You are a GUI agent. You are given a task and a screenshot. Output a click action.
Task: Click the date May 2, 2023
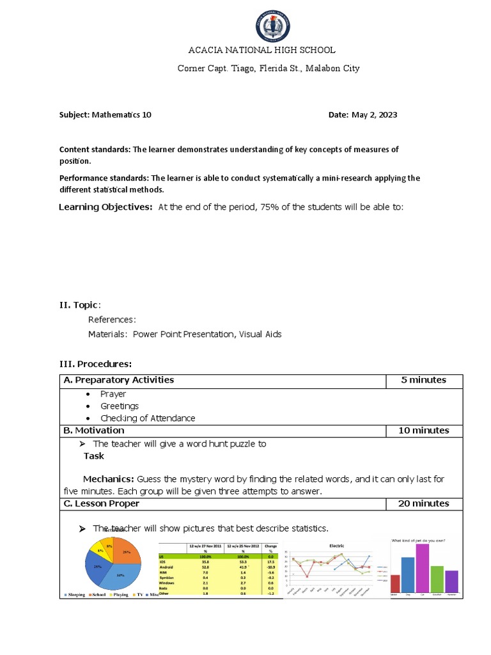pos(374,115)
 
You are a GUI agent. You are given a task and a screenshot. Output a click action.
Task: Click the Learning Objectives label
pos(105,207)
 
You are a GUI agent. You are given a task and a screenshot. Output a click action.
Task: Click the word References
pos(111,320)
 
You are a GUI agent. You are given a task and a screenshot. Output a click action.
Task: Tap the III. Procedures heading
pos(95,364)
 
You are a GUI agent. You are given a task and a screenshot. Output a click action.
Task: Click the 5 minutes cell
pos(423,380)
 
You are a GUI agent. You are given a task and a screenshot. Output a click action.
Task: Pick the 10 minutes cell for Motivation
pos(423,430)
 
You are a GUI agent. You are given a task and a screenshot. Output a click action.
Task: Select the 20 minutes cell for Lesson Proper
pos(423,503)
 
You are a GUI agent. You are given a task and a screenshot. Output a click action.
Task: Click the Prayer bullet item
pos(113,394)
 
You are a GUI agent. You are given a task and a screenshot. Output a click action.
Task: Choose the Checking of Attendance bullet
pos(148,418)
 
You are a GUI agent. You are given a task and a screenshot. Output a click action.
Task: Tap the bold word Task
pos(94,456)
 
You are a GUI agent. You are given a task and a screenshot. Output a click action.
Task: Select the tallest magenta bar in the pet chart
pos(422,568)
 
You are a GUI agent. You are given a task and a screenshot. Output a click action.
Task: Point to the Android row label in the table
pos(167,566)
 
